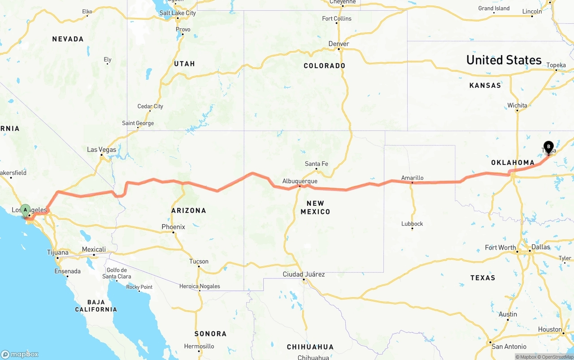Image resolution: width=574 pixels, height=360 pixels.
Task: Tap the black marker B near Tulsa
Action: point(548,147)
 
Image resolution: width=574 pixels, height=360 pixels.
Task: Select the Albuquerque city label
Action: point(300,181)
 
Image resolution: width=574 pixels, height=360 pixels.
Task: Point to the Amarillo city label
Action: point(412,178)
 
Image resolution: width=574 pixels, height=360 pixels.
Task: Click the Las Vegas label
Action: point(101,149)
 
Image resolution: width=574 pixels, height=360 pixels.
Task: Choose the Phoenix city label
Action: point(173,227)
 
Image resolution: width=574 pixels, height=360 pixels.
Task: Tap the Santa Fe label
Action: point(316,164)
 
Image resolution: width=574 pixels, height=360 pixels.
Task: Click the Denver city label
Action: point(339,43)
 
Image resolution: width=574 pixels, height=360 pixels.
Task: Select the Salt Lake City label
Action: point(178,13)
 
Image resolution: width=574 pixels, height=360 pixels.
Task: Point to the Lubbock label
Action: point(412,224)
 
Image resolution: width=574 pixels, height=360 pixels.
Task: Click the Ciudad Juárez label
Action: point(304,274)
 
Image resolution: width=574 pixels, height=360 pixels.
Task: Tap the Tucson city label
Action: point(199,261)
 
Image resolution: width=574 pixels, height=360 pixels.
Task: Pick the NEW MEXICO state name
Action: point(315,207)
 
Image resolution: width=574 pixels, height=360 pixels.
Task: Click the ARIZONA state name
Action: point(189,210)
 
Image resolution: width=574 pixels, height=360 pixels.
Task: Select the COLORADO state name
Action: point(324,66)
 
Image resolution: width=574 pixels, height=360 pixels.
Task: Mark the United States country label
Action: point(504,60)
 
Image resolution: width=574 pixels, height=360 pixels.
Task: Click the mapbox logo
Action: point(20,354)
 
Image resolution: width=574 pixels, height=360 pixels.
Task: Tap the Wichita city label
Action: point(517,106)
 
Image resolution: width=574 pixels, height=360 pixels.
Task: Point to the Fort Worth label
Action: point(500,247)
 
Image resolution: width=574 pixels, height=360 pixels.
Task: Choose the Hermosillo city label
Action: point(199,346)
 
